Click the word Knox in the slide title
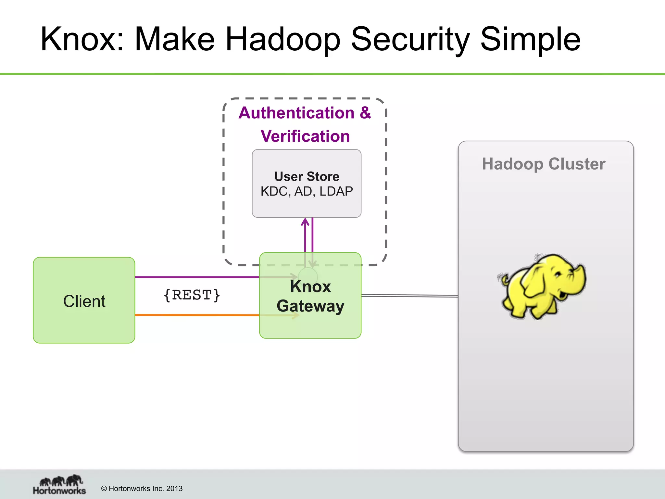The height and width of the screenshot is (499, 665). click(x=81, y=40)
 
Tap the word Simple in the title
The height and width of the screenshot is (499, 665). click(x=530, y=40)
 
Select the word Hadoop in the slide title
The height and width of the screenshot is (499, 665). click(x=282, y=40)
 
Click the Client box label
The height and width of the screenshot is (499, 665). click(x=84, y=301)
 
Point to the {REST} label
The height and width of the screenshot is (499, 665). click(x=192, y=295)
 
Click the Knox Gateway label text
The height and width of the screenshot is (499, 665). click(x=310, y=296)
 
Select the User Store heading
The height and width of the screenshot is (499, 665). click(x=307, y=176)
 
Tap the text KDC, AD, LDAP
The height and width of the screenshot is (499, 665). click(x=307, y=191)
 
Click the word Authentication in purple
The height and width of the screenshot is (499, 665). click(x=296, y=113)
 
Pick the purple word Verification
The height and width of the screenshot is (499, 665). click(x=305, y=136)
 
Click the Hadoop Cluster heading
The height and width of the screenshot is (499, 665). click(x=544, y=164)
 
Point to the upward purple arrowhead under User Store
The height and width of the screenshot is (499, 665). click(x=305, y=222)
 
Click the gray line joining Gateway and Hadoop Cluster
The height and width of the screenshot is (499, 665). click(x=409, y=296)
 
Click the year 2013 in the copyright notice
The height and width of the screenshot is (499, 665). click(x=174, y=489)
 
